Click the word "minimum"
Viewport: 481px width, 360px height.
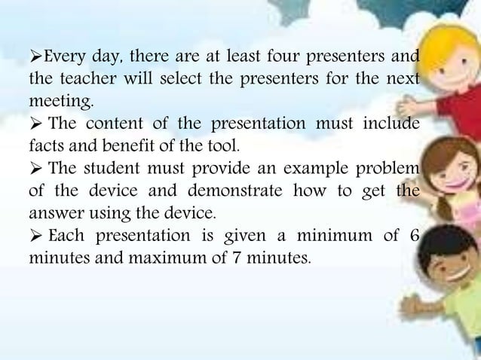pos(335,231)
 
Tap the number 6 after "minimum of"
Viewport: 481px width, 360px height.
pos(414,231)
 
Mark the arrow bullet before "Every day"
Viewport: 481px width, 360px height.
pos(35,56)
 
